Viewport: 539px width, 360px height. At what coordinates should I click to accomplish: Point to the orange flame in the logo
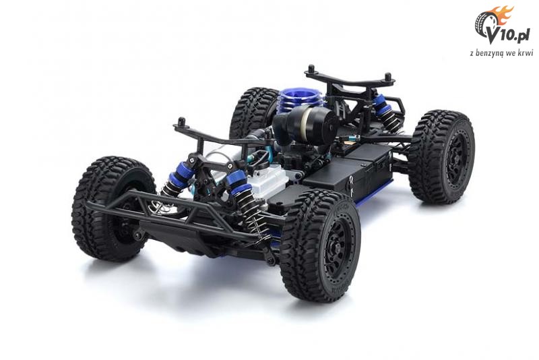(x=504, y=15)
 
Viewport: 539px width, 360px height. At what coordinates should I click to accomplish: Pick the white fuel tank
(x=271, y=179)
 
